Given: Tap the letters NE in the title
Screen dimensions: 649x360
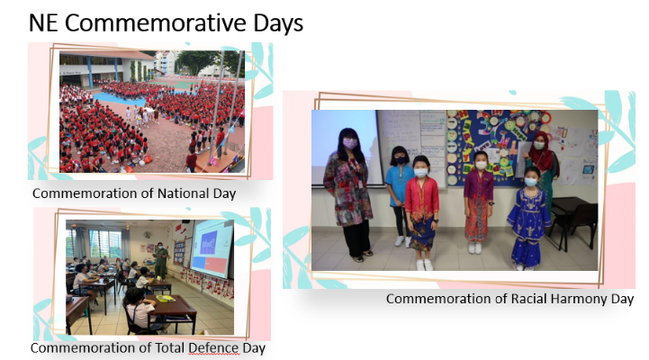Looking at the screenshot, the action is [x=43, y=22].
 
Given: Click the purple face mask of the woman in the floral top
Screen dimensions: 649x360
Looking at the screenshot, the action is [x=350, y=144].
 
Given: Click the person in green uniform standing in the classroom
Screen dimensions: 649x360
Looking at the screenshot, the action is [x=160, y=260].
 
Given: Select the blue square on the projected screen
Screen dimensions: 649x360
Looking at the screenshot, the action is [x=209, y=242].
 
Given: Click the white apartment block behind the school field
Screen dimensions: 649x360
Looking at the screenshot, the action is [x=167, y=62].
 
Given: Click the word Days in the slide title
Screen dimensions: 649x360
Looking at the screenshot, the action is [x=278, y=23].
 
